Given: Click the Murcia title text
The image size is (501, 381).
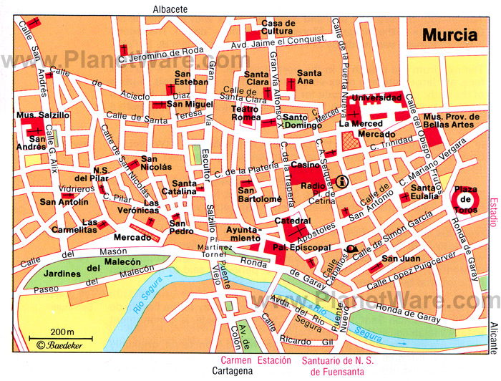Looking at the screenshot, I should tap(449, 34).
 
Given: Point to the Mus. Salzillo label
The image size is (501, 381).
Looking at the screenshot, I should tap(44, 115).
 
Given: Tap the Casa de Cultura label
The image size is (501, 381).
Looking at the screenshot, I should tap(278, 27).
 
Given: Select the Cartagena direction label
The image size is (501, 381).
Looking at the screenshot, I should tap(235, 372).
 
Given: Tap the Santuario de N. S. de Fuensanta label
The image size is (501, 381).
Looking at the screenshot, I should tap(327, 366).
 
